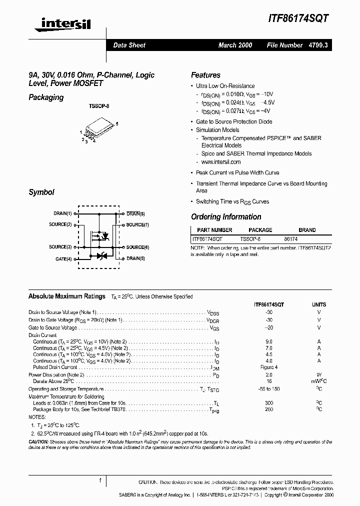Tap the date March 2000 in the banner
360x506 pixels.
235,45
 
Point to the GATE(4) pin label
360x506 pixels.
63,258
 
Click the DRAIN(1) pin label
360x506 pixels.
63,213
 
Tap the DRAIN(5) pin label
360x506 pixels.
135,258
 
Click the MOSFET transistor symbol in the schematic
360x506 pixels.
99,235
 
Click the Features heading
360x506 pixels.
205,75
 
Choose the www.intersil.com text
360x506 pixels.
221,162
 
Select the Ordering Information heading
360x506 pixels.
226,217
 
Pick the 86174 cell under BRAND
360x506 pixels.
291,239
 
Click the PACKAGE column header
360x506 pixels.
260,230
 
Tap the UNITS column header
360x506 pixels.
318,304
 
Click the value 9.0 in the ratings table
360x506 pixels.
269,341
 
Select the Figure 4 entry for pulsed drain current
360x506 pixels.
269,367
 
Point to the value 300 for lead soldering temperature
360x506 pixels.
269,402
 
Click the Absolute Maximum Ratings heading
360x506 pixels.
67,296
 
